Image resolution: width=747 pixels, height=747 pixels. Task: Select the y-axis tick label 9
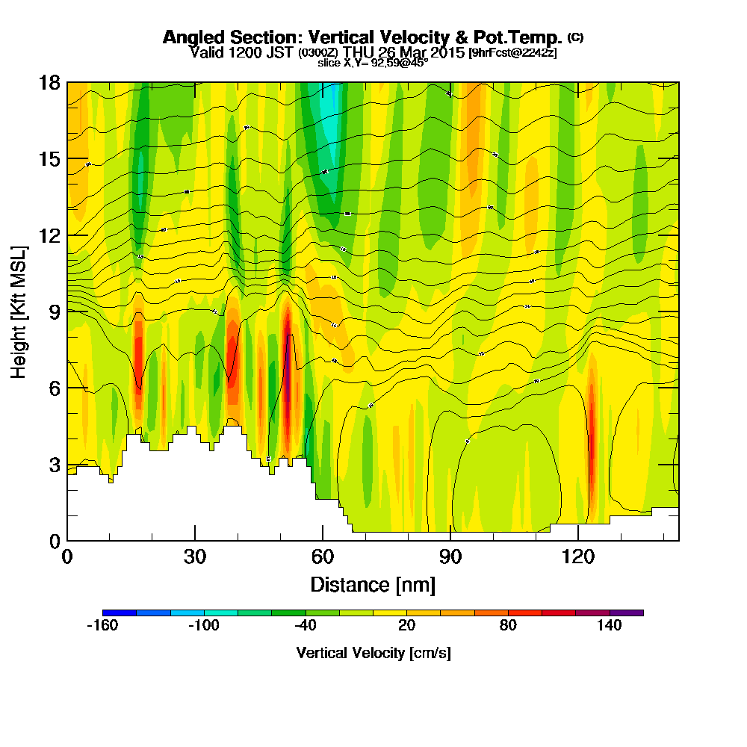click(53, 311)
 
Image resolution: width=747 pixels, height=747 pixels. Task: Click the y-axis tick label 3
click(53, 464)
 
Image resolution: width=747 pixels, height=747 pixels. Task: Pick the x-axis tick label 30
click(195, 557)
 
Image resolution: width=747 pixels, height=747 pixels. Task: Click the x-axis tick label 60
click(323, 557)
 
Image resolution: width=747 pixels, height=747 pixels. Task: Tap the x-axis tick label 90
click(450, 557)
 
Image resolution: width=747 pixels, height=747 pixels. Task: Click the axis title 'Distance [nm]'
click(373, 583)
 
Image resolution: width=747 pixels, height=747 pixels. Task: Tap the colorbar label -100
click(203, 626)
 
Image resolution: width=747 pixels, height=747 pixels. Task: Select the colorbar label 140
click(610, 626)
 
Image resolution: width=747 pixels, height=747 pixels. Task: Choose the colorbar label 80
click(508, 626)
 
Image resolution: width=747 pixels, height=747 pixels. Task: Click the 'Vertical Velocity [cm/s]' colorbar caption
click(373, 653)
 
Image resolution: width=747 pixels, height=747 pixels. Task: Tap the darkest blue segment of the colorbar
click(120, 613)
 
